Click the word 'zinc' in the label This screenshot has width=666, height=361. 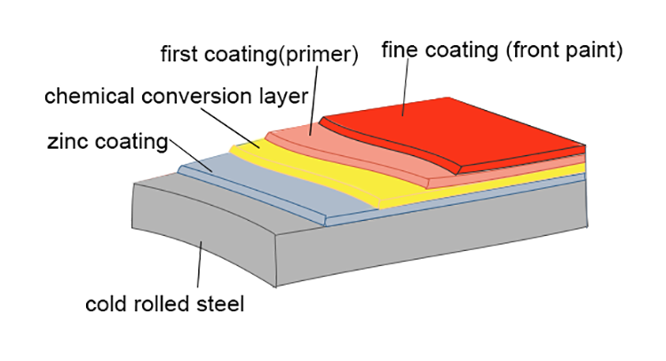click(x=59, y=141)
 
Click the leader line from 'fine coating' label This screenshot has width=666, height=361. click(x=405, y=89)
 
